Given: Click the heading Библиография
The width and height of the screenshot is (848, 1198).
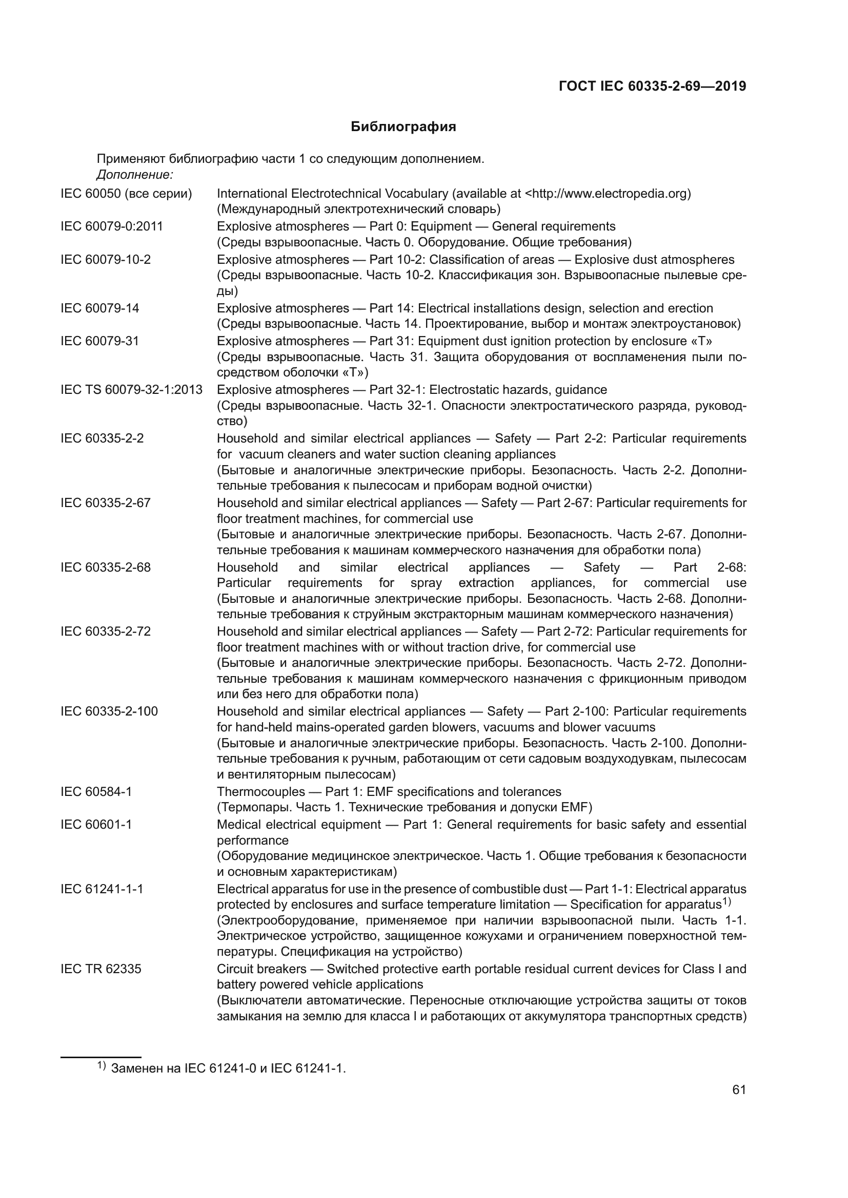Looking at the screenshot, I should click(x=403, y=127).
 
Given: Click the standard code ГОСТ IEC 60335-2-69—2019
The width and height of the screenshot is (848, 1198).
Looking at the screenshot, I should click(x=652, y=86).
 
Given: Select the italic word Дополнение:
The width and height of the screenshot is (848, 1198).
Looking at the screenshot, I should click(x=135, y=174).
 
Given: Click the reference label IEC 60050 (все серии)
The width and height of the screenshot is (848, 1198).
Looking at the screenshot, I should click(x=126, y=194).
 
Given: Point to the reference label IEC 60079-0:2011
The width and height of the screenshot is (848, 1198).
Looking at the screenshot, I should click(x=112, y=226).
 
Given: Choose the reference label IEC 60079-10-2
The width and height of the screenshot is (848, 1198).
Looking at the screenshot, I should click(x=106, y=259).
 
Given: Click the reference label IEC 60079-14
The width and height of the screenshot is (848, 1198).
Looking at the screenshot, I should click(x=100, y=308).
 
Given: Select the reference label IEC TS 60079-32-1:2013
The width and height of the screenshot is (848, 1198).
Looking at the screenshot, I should click(x=132, y=390).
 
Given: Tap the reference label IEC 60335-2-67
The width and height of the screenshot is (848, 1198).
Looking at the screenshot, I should click(x=106, y=503).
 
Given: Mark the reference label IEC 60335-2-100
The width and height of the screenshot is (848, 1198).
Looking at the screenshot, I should click(x=109, y=712).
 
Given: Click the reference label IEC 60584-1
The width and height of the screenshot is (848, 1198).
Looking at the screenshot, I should click(x=96, y=791).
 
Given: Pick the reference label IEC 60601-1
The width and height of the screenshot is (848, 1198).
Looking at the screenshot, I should click(x=96, y=825).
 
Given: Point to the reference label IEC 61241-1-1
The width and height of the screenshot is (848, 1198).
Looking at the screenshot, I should click(x=102, y=889).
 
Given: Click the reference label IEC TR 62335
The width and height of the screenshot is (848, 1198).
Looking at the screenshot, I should click(x=101, y=969).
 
